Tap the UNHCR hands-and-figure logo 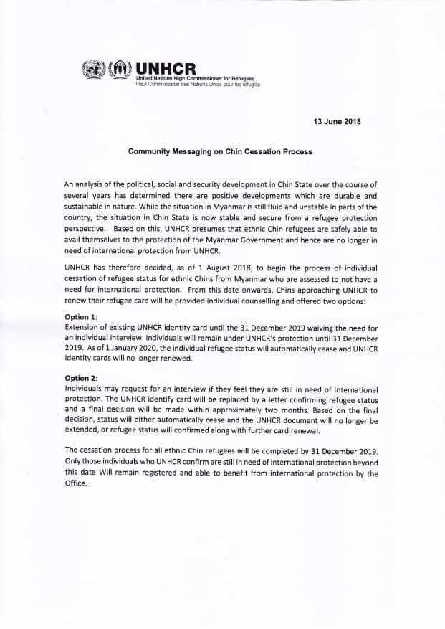117,70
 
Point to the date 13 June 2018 337,121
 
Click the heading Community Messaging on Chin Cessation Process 220,152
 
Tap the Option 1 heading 82,316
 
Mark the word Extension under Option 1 84,326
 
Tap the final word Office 75,484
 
